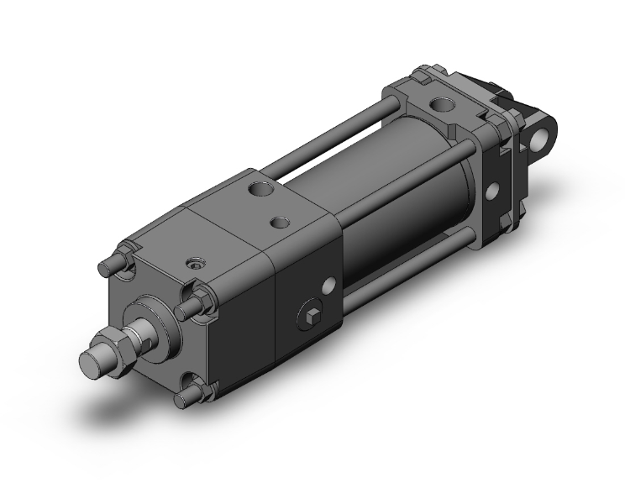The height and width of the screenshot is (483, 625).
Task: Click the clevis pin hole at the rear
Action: coord(550,135)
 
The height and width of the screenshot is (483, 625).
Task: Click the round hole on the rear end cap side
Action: coord(493,190)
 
